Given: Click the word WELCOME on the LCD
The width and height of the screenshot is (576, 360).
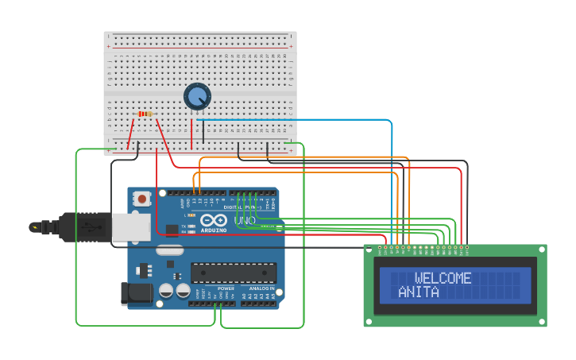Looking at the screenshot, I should [443, 278].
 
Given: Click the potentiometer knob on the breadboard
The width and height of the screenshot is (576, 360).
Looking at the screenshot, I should [197, 97].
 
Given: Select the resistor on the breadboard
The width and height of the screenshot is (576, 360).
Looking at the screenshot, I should [145, 114].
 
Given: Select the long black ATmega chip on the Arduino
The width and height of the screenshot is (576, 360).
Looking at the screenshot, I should [234, 273].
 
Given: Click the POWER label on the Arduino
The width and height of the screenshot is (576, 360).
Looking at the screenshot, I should [203, 288].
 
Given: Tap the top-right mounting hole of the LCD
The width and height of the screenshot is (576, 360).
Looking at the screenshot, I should [541, 250].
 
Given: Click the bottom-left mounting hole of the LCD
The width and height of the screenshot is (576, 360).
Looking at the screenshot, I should [369, 322].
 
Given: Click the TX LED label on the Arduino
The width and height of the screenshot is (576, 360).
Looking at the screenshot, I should [184, 226].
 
